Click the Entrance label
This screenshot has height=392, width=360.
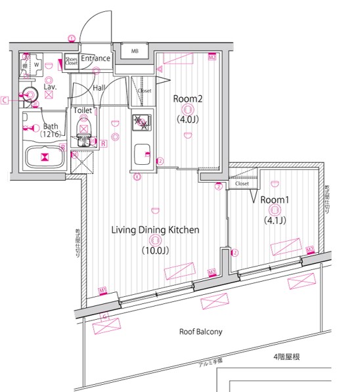pyautogui.click(x=96, y=59)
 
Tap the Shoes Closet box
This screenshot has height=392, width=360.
pyautogui.click(x=71, y=61)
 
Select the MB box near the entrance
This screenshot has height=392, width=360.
pyautogui.click(x=134, y=51)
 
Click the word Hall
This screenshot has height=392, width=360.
pyautogui.click(x=99, y=88)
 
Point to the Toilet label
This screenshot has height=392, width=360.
pyautogui.click(x=83, y=111)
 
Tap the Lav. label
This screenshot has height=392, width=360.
pyautogui.click(x=50, y=86)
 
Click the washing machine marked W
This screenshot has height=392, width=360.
pyautogui.click(x=37, y=65)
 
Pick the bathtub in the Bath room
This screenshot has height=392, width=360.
pyautogui.click(x=44, y=157)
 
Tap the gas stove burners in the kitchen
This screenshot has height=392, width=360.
pyautogui.click(x=141, y=122)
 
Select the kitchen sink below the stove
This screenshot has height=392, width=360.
pyautogui.click(x=141, y=156)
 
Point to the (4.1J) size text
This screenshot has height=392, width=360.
pyautogui.click(x=275, y=221)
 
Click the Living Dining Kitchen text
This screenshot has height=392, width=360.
pyautogui.click(x=155, y=230)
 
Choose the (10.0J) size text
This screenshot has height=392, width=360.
pyautogui.click(x=155, y=250)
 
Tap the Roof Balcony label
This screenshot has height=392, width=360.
pyautogui.click(x=200, y=332)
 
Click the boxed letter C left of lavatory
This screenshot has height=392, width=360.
pyautogui.click(x=5, y=100)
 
